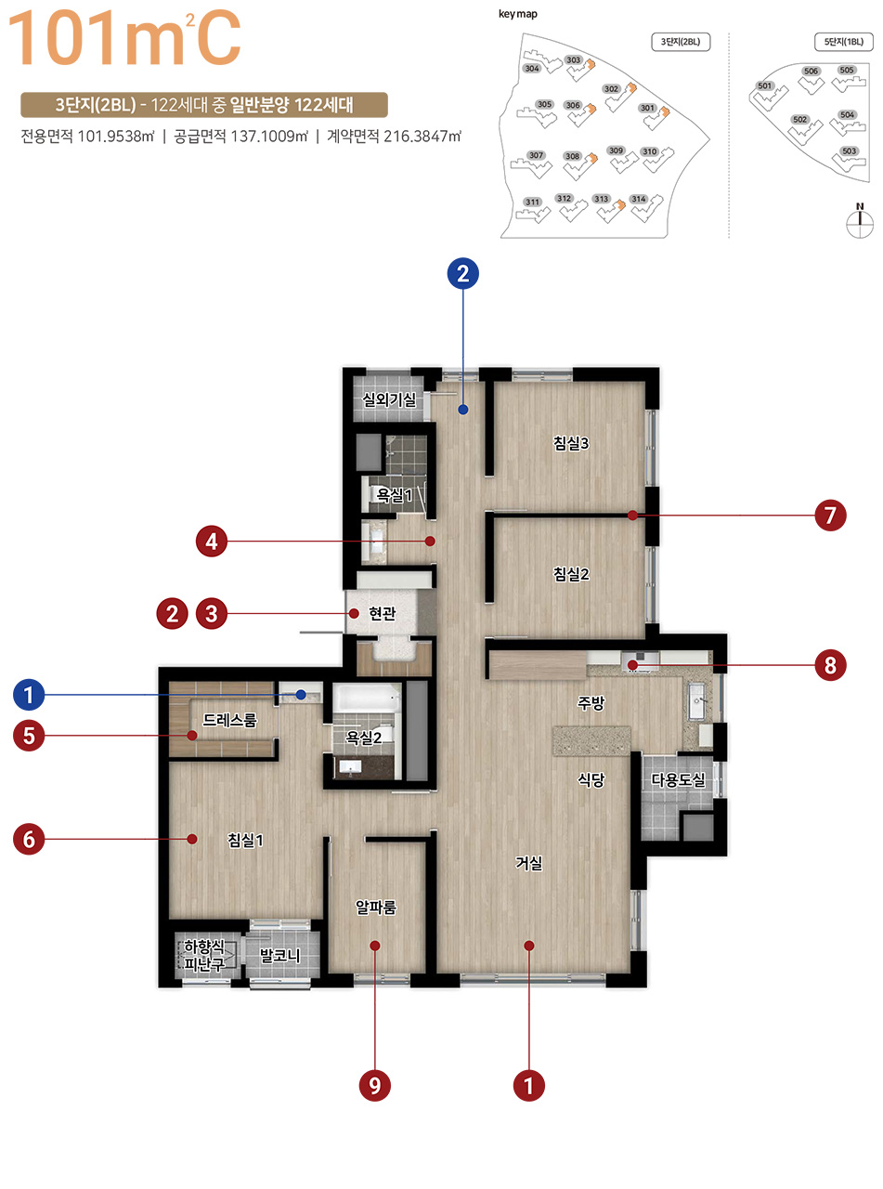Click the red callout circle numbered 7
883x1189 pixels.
coord(830,516)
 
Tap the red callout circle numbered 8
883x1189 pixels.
coord(830,665)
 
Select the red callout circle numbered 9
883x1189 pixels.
coord(374,1086)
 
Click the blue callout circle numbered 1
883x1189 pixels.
coord(29,695)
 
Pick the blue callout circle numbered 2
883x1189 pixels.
coord(463,273)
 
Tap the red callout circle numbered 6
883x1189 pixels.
coord(29,839)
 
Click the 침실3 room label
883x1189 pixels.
coord(571,443)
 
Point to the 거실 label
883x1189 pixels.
coord(529,863)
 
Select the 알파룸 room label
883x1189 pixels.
coord(376,907)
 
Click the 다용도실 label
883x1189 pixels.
coord(678,779)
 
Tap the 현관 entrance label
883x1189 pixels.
coord(382,613)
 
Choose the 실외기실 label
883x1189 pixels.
coord(389,399)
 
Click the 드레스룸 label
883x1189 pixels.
coord(229,719)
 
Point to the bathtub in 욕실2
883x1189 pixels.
coord(367,698)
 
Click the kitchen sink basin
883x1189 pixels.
coord(696,700)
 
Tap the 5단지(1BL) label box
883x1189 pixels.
coord(843,42)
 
